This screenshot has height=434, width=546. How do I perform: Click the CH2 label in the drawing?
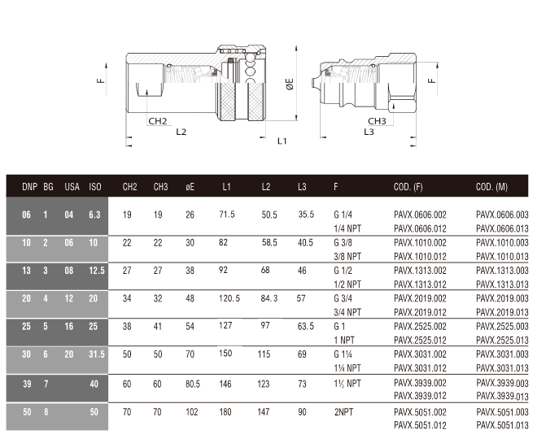158,121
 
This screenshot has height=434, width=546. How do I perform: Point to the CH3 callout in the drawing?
377,121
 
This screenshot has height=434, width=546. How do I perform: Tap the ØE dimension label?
290,84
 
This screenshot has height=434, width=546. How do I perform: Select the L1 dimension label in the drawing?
282,141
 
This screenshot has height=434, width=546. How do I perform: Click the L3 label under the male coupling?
369,132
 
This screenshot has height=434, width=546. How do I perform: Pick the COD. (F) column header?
408,187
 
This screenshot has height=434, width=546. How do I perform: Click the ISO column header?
95,187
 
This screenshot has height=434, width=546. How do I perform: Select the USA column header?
72,187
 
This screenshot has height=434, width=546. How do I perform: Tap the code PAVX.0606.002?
420,215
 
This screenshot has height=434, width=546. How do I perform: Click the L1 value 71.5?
227,215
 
